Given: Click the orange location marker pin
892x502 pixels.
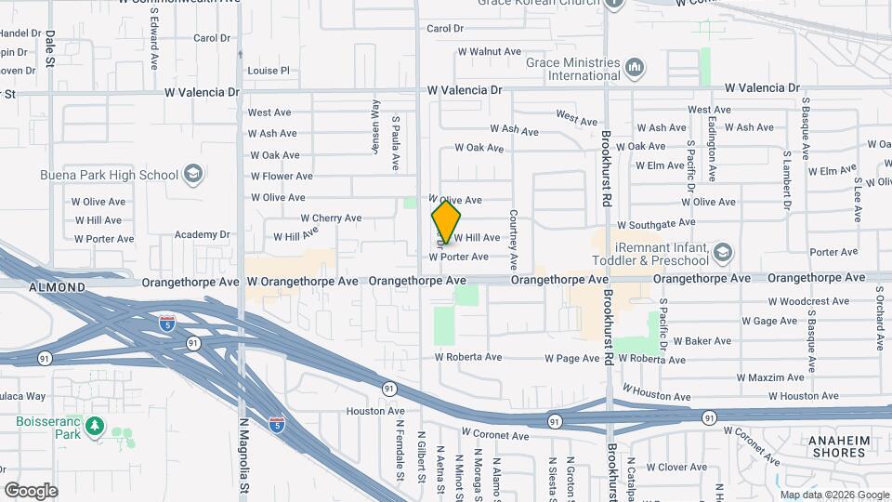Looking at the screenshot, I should click(446, 222).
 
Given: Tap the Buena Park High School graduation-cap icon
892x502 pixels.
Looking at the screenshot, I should click(192, 174).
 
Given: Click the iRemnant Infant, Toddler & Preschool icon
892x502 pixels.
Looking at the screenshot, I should click(723, 252).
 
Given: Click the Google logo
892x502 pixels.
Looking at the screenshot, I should click(31, 490).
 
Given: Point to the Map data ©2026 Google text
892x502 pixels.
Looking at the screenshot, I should click(833, 495).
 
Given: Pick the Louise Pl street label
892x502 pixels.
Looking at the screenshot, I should click(269, 71).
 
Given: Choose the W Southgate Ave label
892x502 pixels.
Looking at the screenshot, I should click(656, 224).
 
